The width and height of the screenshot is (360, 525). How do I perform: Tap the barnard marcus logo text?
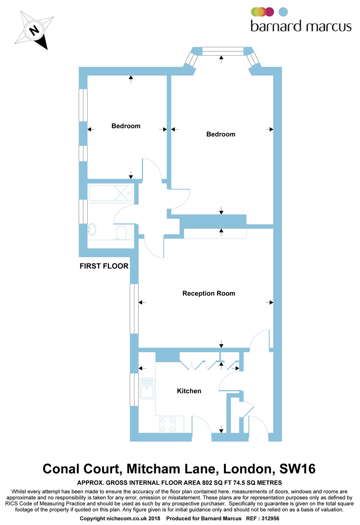pos(301,26)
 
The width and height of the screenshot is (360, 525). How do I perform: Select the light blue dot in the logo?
pos(283,12)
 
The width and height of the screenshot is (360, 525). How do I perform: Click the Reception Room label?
pos(209,293)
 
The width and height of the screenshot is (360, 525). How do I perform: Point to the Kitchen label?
pos(189,391)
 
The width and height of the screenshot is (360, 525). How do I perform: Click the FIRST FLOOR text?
pos(104,266)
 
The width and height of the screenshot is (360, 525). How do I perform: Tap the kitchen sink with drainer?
pos(147,388)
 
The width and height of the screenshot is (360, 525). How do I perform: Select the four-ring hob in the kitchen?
pos(168,425)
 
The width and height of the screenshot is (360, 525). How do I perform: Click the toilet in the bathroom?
pos(121,233)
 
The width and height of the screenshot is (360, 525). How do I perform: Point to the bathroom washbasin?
pos(92,229)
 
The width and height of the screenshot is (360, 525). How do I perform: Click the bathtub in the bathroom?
pos(111,193)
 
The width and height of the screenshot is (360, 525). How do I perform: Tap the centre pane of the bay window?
pos(223,51)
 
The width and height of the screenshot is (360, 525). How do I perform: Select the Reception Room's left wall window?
pos(134,309)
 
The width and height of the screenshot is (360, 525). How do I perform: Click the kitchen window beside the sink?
pos(134,390)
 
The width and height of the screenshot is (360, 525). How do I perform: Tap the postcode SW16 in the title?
pos(297,469)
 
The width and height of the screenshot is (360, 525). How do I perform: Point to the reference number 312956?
pos(270,519)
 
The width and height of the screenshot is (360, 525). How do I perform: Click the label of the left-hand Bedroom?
pos(126,126)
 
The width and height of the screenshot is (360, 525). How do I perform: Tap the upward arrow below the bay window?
pos(222,59)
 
